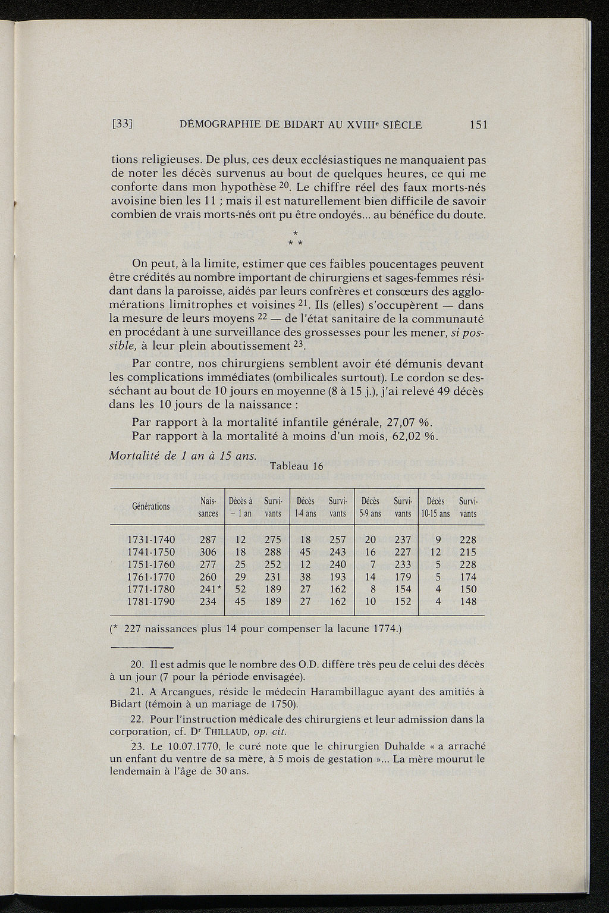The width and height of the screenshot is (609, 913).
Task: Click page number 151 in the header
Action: [478, 125]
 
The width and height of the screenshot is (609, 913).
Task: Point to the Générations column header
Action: [150, 507]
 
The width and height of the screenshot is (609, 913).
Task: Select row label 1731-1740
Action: [152, 540]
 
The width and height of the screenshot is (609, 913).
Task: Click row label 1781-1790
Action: [152, 601]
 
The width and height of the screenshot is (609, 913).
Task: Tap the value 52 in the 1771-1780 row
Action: [240, 589]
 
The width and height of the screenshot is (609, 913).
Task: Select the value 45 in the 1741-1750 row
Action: [305, 553]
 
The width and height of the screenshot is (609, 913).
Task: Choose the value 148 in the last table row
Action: [468, 601]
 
